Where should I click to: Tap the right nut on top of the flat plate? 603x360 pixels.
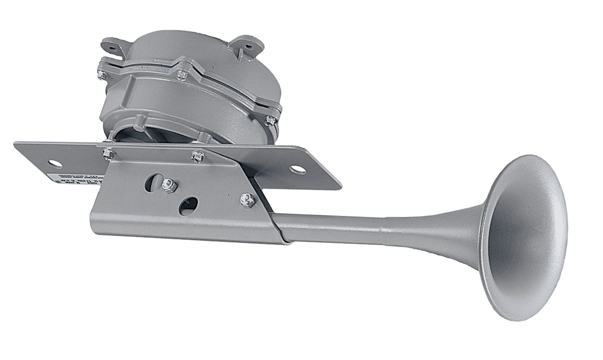[x=197, y=156]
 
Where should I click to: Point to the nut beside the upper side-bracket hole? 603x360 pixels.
[x=170, y=184]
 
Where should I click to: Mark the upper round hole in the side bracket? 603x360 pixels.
[x=153, y=181]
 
